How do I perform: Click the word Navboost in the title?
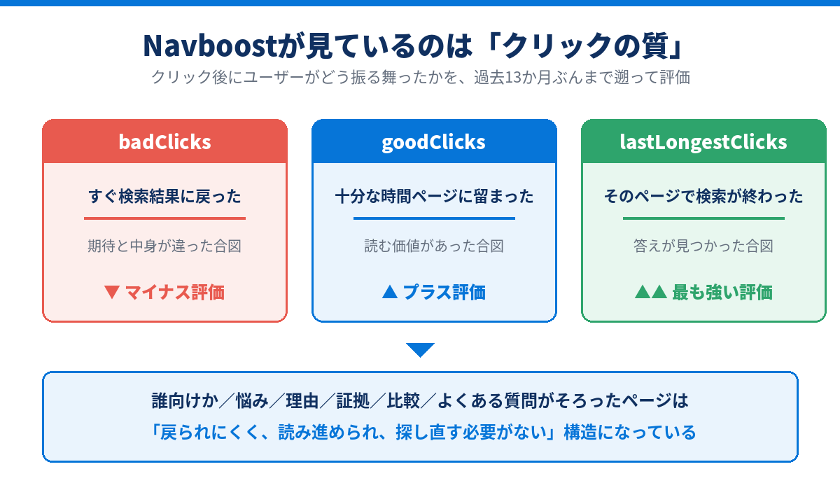pyautogui.click(x=210, y=45)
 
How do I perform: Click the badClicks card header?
pyautogui.click(x=165, y=141)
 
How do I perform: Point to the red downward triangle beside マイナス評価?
pyautogui.click(x=112, y=292)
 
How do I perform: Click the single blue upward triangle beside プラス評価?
pyautogui.click(x=390, y=292)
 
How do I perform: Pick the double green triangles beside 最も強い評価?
pyautogui.click(x=651, y=292)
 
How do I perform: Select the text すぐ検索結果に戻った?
pyautogui.click(x=164, y=197)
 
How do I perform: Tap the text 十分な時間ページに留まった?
pyautogui.click(x=434, y=197)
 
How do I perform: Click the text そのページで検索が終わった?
pyautogui.click(x=703, y=197)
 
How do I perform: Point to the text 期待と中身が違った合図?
pyautogui.click(x=164, y=246)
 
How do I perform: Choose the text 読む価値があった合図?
pyautogui.click(x=434, y=246)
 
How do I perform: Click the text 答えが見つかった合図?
pyautogui.click(x=703, y=246)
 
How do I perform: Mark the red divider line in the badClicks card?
pyautogui.click(x=164, y=218)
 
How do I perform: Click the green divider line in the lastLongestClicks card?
pyautogui.click(x=703, y=218)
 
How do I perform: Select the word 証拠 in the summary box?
pyautogui.click(x=353, y=401)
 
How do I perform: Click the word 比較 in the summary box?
pyautogui.click(x=403, y=401)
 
